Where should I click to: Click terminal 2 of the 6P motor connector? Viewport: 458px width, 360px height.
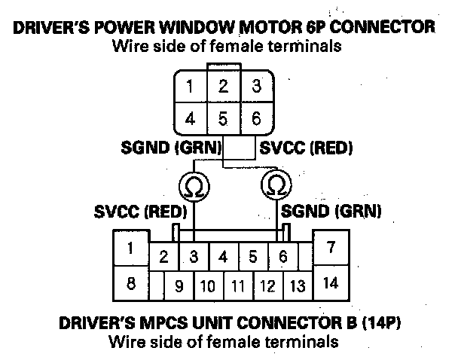[224, 86]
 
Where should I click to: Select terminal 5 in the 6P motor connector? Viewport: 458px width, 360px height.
[224, 117]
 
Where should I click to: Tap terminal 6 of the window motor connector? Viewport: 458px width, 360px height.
[256, 117]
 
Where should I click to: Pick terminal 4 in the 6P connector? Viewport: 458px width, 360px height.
[191, 117]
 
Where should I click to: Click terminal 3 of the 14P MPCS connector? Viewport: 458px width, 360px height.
[194, 257]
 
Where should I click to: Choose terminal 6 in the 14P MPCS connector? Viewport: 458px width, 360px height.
[282, 257]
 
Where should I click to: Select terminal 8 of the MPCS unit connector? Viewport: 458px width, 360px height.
[131, 284]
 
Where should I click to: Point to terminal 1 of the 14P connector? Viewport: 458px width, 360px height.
[131, 248]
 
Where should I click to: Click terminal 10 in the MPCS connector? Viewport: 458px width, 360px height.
[209, 286]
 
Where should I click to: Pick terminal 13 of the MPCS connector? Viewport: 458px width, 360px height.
[298, 286]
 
